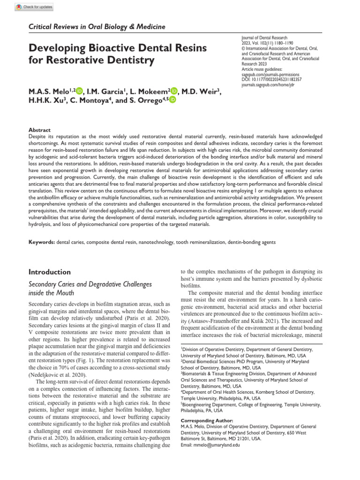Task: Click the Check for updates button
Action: click(34, 7)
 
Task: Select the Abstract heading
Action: click(40, 130)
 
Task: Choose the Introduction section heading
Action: click(50, 272)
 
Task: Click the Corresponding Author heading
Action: click(206, 421)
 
